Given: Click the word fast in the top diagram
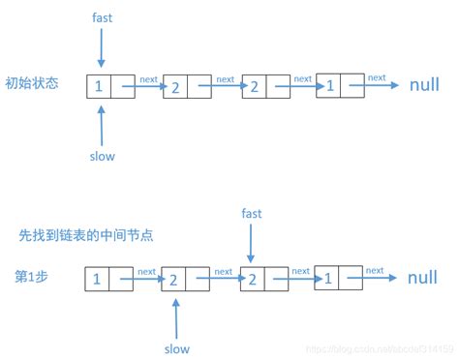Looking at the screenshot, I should [102, 18].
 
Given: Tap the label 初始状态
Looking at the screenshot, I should [32, 83].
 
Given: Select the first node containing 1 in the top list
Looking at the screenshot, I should [110, 85].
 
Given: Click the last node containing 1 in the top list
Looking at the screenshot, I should [340, 85].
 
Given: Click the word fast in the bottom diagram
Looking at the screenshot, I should [251, 213].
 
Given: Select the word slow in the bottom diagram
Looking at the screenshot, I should [175, 348].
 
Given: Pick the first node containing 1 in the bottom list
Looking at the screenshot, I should [108, 279].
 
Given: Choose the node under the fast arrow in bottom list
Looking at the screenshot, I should [263, 279].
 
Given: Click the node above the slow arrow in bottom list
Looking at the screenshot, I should [186, 279].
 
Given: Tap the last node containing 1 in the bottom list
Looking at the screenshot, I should [339, 279].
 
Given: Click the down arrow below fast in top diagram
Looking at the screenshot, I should [101, 47].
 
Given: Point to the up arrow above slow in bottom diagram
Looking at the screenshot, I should [175, 316].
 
